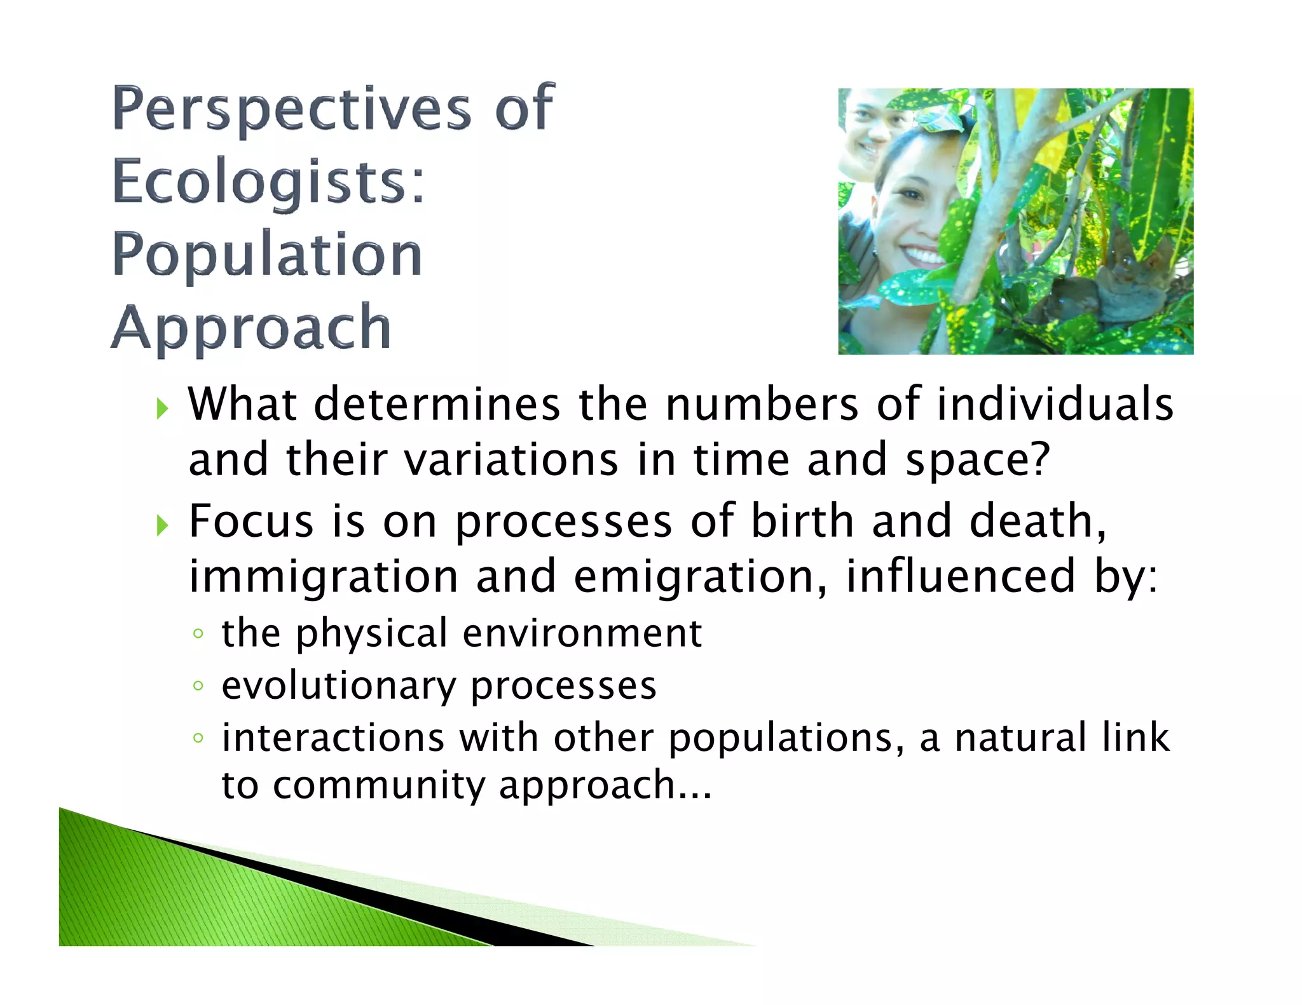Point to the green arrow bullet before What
coord(162,408)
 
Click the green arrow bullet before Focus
coord(162,525)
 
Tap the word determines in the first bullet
coord(437,405)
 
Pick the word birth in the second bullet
coord(802,522)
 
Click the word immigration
coord(323,577)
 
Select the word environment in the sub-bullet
coord(582,633)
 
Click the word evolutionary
coord(338,686)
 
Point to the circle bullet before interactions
coord(198,738)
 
